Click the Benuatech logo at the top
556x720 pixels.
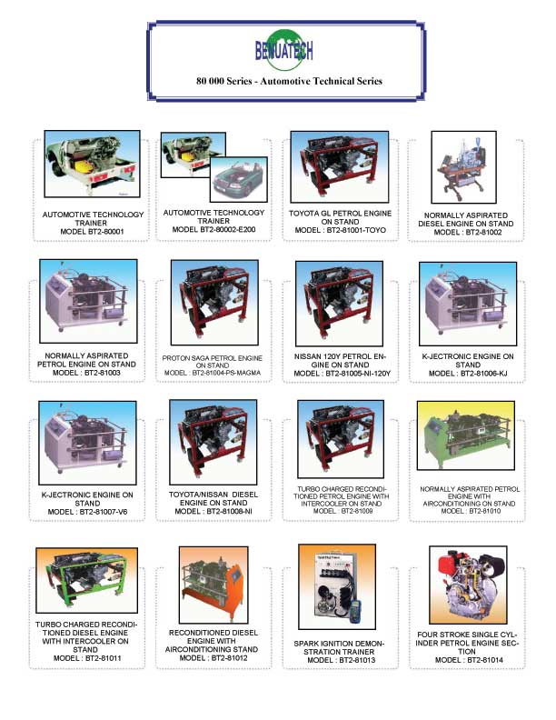click(284, 50)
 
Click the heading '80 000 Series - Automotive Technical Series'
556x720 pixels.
click(289, 81)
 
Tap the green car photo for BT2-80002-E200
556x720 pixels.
click(239, 179)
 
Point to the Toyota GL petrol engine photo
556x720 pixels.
click(340, 166)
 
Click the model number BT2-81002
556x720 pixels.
click(483, 233)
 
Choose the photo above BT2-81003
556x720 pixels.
click(88, 301)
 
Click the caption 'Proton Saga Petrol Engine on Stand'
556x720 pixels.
click(213, 362)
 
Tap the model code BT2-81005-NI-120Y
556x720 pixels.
click(358, 374)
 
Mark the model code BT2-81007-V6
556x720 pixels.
click(104, 512)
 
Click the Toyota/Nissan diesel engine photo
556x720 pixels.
click(213, 442)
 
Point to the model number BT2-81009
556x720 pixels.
click(357, 511)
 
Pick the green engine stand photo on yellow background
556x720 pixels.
click(466, 435)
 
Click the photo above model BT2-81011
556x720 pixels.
click(86, 580)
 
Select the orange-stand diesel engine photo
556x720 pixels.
click(213, 585)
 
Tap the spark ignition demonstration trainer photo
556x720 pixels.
click(337, 587)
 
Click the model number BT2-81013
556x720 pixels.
click(357, 660)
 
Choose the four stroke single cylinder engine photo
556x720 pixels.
click(469, 585)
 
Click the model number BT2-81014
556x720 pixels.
click(485, 660)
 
